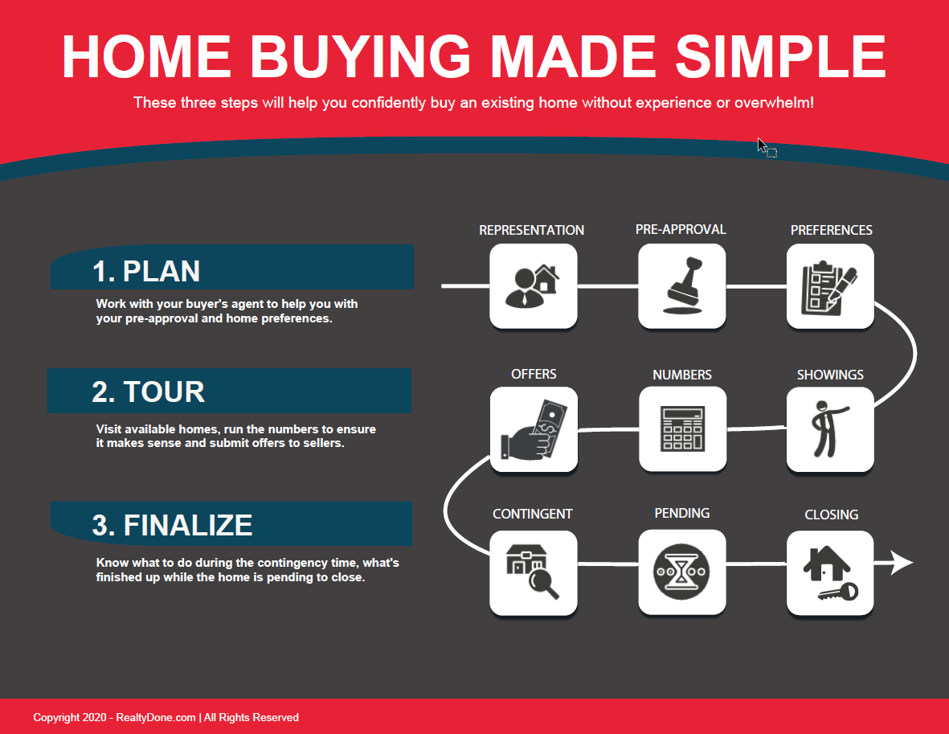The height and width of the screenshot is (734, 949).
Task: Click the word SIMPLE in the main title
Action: tap(781, 56)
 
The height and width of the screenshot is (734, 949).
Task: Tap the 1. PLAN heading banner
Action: tap(232, 267)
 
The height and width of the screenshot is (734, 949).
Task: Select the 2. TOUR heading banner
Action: tap(229, 391)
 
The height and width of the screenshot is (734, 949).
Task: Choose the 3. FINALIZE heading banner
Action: tap(231, 523)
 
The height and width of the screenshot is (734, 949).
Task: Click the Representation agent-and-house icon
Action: tap(534, 286)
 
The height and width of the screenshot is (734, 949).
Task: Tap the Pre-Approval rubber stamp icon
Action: tap(682, 286)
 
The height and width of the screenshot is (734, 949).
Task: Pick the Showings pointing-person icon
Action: tap(830, 429)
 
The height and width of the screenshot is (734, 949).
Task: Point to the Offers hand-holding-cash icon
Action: tap(534, 429)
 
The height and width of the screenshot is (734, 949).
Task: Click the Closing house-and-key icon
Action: tap(830, 573)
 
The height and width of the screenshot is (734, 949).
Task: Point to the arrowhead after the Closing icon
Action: tap(902, 563)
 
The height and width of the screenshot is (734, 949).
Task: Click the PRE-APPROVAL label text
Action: tap(681, 230)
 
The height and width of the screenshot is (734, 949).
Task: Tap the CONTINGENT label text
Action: tap(533, 515)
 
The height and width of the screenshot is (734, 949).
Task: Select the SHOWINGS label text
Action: tap(830, 375)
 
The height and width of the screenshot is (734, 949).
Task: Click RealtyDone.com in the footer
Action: tap(156, 718)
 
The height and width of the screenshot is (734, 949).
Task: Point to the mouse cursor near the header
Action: tap(766, 147)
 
